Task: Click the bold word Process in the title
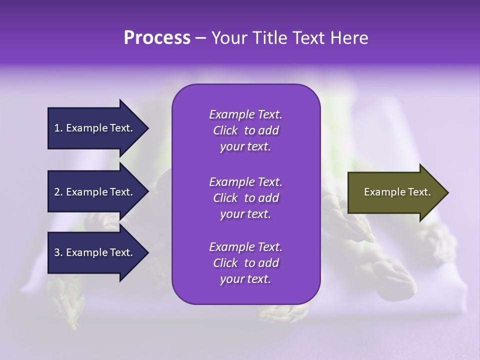point(157,38)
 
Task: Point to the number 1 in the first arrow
point(57,128)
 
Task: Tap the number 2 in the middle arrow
point(57,192)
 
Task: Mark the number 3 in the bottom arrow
point(57,252)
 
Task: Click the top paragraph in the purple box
point(245,130)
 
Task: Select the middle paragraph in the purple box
point(245,197)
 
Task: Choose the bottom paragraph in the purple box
point(245,263)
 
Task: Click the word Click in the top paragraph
point(225,130)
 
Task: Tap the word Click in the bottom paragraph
point(225,263)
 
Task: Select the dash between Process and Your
point(201,38)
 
